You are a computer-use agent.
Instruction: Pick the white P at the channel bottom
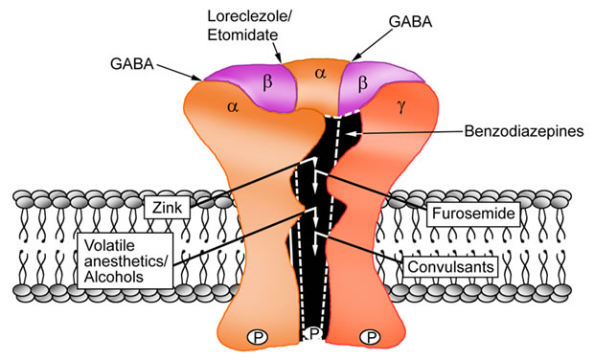pos(312,334)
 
